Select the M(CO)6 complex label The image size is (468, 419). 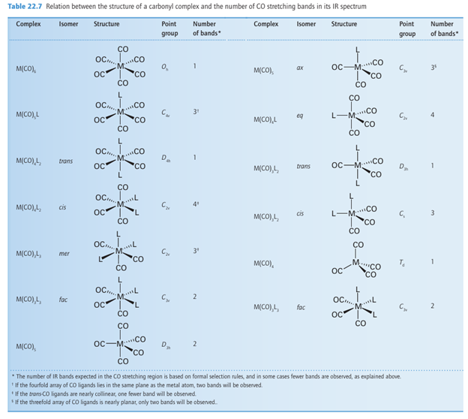tap(28, 70)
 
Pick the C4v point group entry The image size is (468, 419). tap(165, 113)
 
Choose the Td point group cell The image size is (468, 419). tap(403, 263)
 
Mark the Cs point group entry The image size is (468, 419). tap(403, 213)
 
